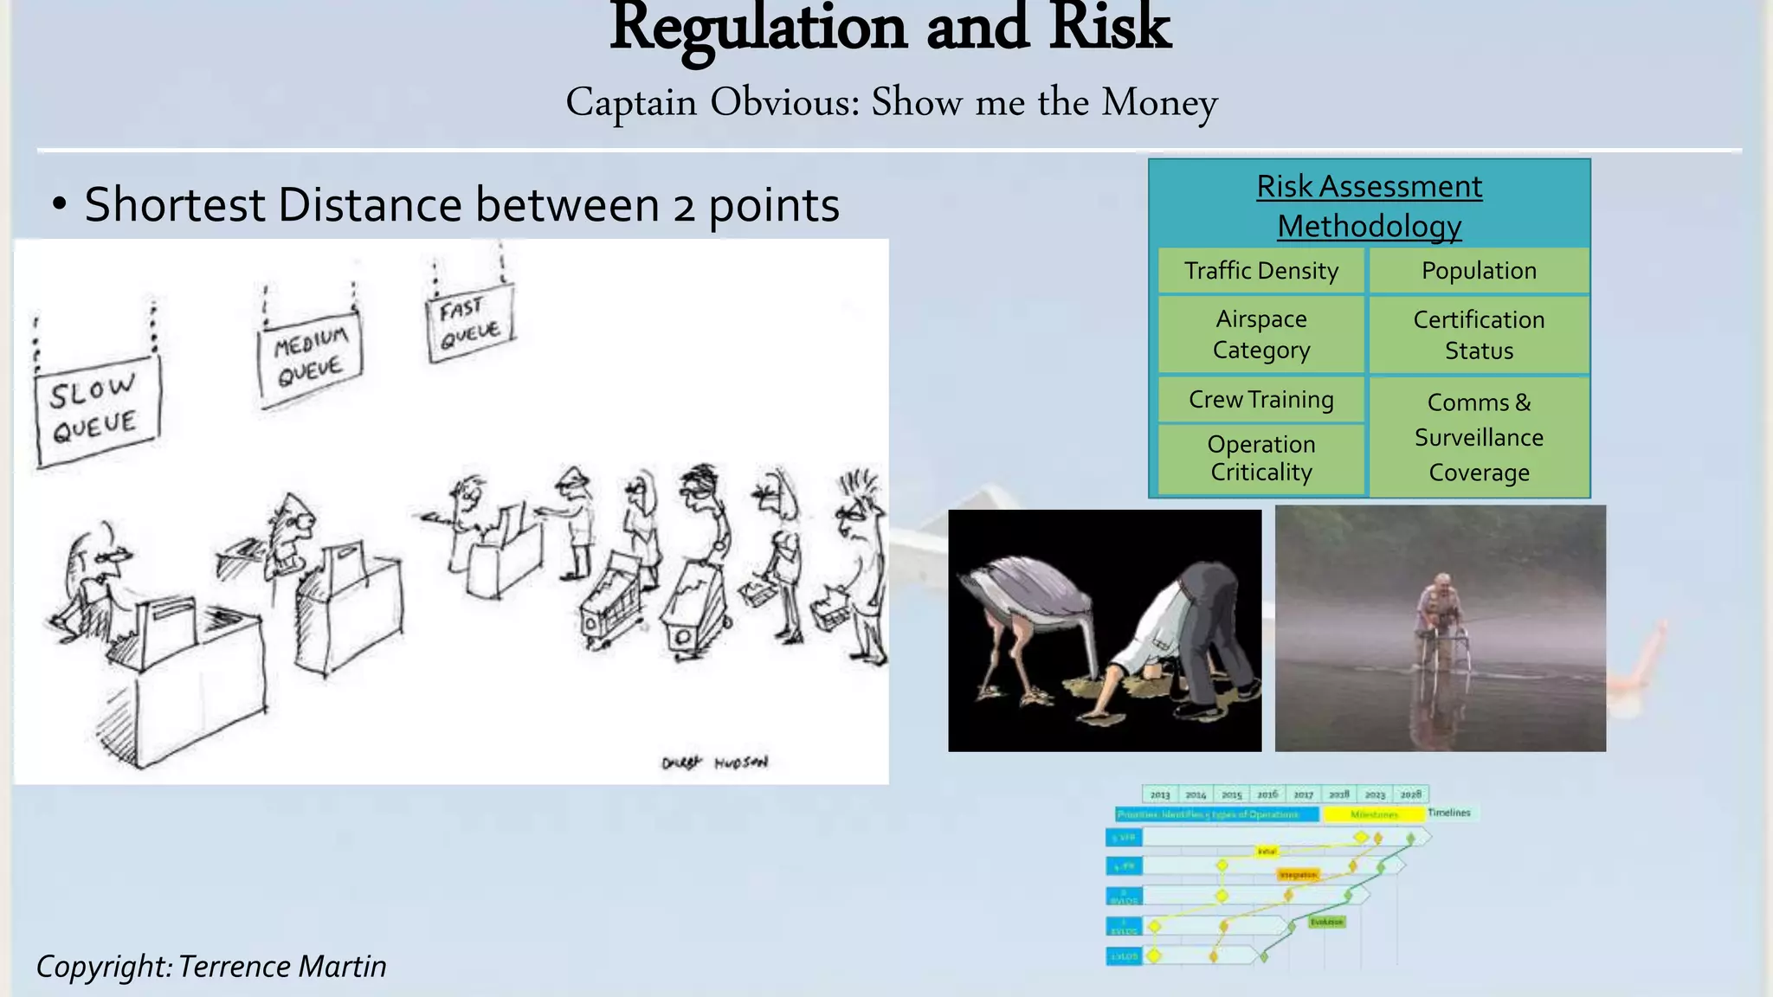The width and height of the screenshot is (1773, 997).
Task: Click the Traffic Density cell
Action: (x=1261, y=271)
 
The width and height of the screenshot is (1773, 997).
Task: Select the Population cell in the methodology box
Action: (x=1479, y=271)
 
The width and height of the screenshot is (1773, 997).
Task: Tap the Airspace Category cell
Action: (x=1261, y=334)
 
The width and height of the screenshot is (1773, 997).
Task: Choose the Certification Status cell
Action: (x=1479, y=335)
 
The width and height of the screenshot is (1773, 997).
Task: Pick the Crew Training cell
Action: (x=1261, y=399)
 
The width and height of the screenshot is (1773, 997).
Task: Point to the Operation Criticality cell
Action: (x=1261, y=458)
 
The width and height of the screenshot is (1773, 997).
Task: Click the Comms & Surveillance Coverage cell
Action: (x=1479, y=437)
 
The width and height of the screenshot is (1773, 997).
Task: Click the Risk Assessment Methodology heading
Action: (x=1369, y=206)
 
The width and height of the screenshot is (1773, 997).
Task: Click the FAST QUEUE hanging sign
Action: (x=470, y=322)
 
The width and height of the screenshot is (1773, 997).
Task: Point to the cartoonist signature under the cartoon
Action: (x=714, y=762)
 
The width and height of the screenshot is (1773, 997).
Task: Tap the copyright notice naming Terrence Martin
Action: (x=211, y=966)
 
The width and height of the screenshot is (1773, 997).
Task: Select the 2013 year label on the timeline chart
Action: (x=1160, y=794)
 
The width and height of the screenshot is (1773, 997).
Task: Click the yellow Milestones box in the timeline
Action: (x=1373, y=814)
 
